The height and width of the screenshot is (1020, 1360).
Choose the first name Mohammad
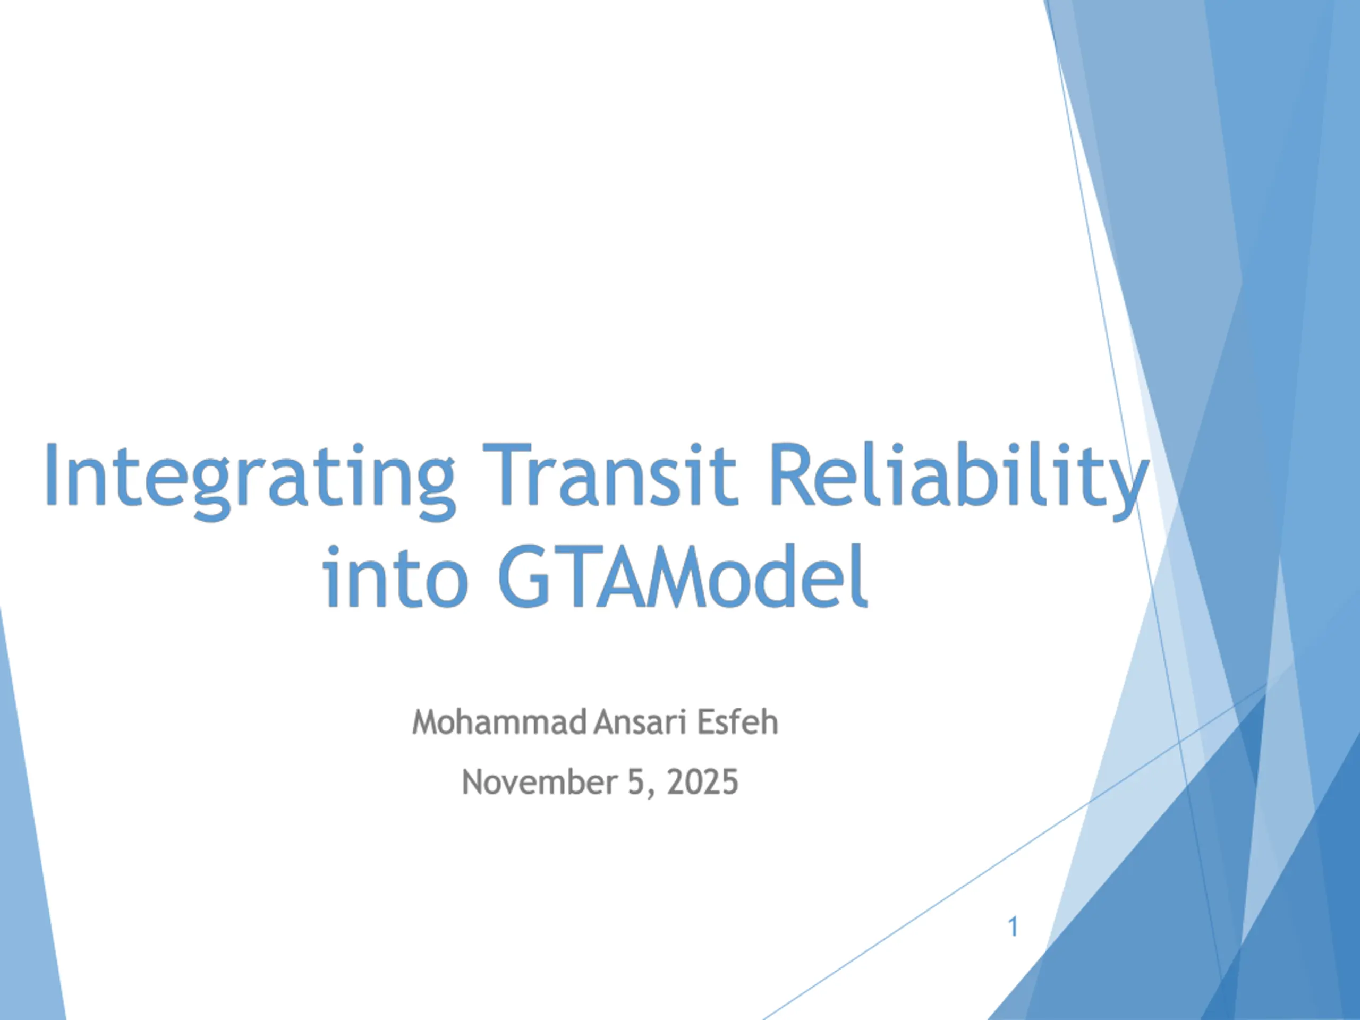click(499, 722)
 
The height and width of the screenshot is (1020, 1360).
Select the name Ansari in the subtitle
click(640, 722)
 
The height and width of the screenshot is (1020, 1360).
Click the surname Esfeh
click(737, 722)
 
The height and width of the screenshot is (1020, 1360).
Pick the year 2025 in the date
click(702, 782)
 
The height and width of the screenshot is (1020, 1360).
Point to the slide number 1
click(1013, 926)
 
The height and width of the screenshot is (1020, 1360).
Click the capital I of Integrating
click(52, 473)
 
